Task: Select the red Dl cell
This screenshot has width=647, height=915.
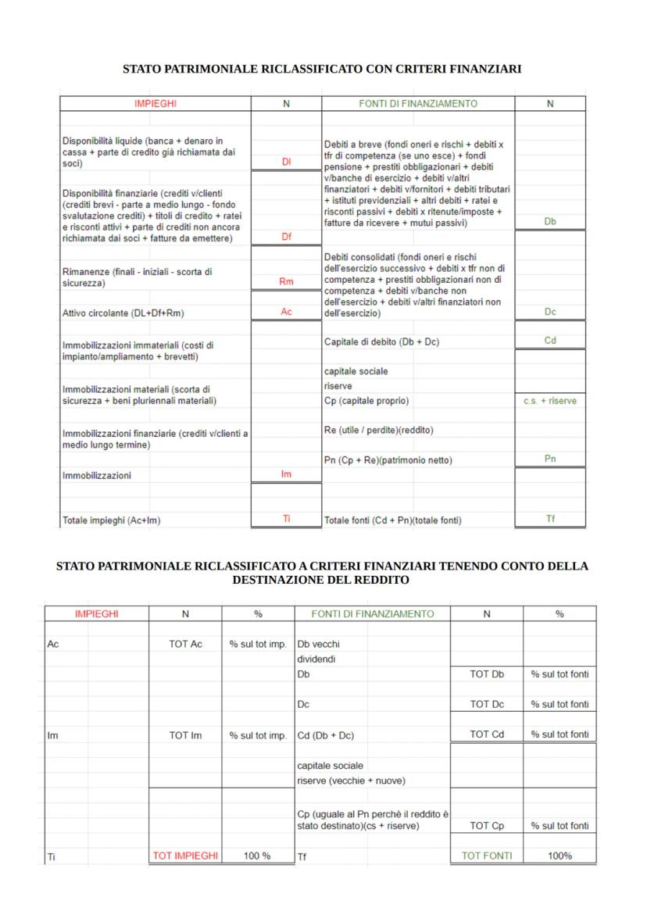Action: click(286, 162)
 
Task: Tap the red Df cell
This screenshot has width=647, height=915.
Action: click(286, 237)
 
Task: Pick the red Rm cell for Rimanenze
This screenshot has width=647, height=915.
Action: click(286, 281)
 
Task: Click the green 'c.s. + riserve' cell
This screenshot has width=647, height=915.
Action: click(550, 401)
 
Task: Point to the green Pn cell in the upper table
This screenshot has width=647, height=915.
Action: click(550, 459)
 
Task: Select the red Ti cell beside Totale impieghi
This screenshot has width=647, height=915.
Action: click(286, 519)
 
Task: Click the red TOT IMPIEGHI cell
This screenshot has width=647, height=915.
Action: click(185, 856)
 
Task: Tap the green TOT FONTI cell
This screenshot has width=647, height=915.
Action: click(487, 856)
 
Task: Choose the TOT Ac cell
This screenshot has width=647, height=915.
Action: click(185, 645)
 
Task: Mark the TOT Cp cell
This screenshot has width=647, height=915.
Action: click(487, 826)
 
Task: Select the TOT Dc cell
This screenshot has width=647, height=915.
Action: click(487, 704)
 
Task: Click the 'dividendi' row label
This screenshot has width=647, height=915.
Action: click(315, 659)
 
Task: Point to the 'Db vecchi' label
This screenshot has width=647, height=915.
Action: click(319, 645)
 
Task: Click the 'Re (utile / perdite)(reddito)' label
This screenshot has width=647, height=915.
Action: click(379, 431)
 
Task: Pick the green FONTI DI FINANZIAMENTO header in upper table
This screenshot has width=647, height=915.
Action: click(418, 103)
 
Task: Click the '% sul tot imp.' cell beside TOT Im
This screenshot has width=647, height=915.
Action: click(258, 735)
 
